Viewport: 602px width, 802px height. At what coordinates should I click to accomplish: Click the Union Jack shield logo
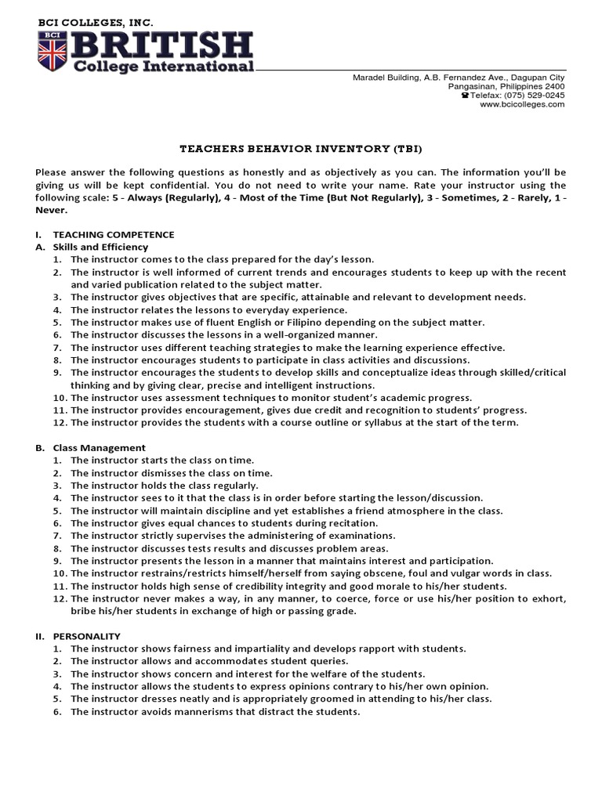point(53,49)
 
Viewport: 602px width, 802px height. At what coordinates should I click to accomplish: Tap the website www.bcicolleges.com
point(521,104)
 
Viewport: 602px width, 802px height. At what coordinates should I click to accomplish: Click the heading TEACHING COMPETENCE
point(113,235)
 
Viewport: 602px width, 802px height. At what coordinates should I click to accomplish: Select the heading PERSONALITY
point(86,636)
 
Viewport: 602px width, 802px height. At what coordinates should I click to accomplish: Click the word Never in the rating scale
point(52,210)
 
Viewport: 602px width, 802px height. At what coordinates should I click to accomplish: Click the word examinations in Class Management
point(361,536)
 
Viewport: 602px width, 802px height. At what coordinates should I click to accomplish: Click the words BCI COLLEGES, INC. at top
point(96,23)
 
